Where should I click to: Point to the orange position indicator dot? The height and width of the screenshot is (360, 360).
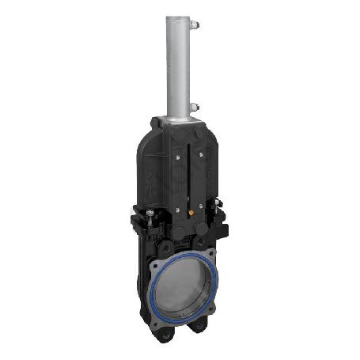coord(191,212)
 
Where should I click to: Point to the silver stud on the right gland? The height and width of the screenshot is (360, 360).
coord(219,207)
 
